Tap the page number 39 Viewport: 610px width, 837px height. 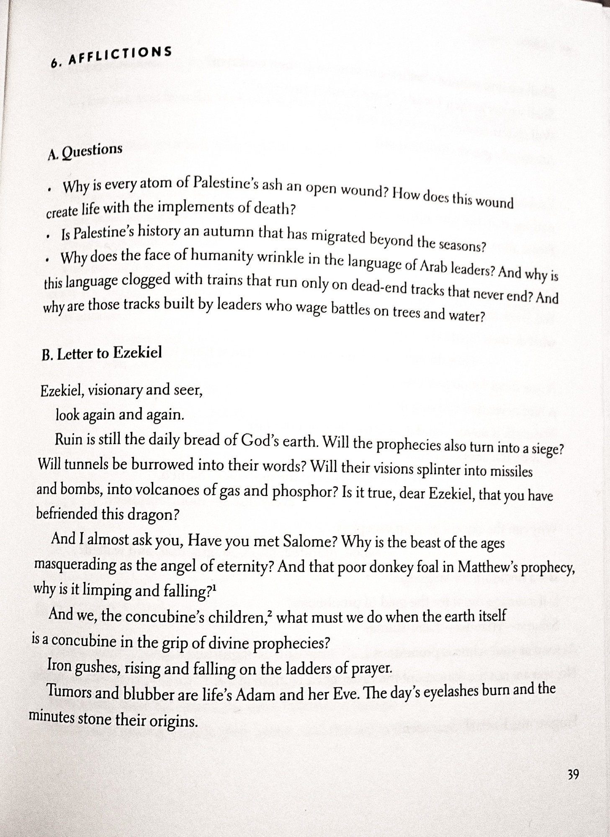click(x=573, y=775)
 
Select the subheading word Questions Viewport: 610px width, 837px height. click(x=92, y=151)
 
